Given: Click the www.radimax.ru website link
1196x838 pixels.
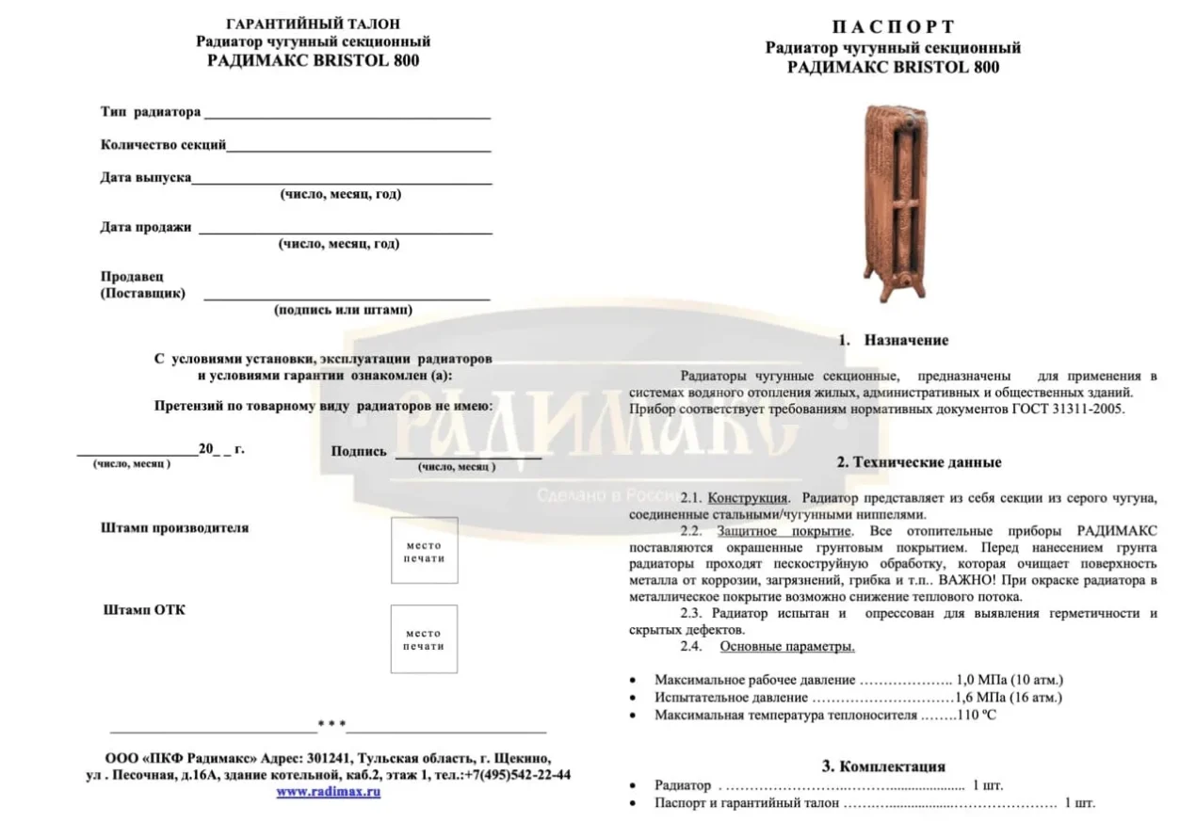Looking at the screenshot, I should [x=328, y=792].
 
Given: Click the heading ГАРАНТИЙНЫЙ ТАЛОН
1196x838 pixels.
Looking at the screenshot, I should [x=314, y=24].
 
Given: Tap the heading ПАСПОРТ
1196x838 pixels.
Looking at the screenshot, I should [x=892, y=27].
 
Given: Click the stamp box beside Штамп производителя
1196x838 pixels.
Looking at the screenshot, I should [x=424, y=550].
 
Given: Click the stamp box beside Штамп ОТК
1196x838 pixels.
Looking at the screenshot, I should [x=424, y=638].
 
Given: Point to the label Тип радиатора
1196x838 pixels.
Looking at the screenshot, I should [x=151, y=112].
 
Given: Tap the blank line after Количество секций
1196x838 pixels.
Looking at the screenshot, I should [x=358, y=147].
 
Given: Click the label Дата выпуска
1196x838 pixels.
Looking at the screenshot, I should [x=146, y=177].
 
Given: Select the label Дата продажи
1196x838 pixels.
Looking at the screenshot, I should [x=146, y=227].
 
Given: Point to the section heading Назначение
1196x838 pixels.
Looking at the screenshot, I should [x=906, y=341].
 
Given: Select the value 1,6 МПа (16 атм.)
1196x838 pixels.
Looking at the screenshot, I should [x=1008, y=698].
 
